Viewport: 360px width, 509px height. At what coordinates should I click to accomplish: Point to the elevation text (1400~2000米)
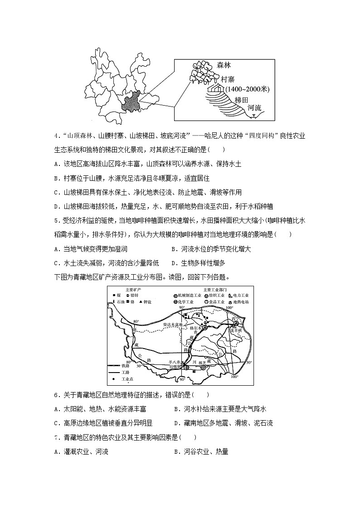coord(247,89)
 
